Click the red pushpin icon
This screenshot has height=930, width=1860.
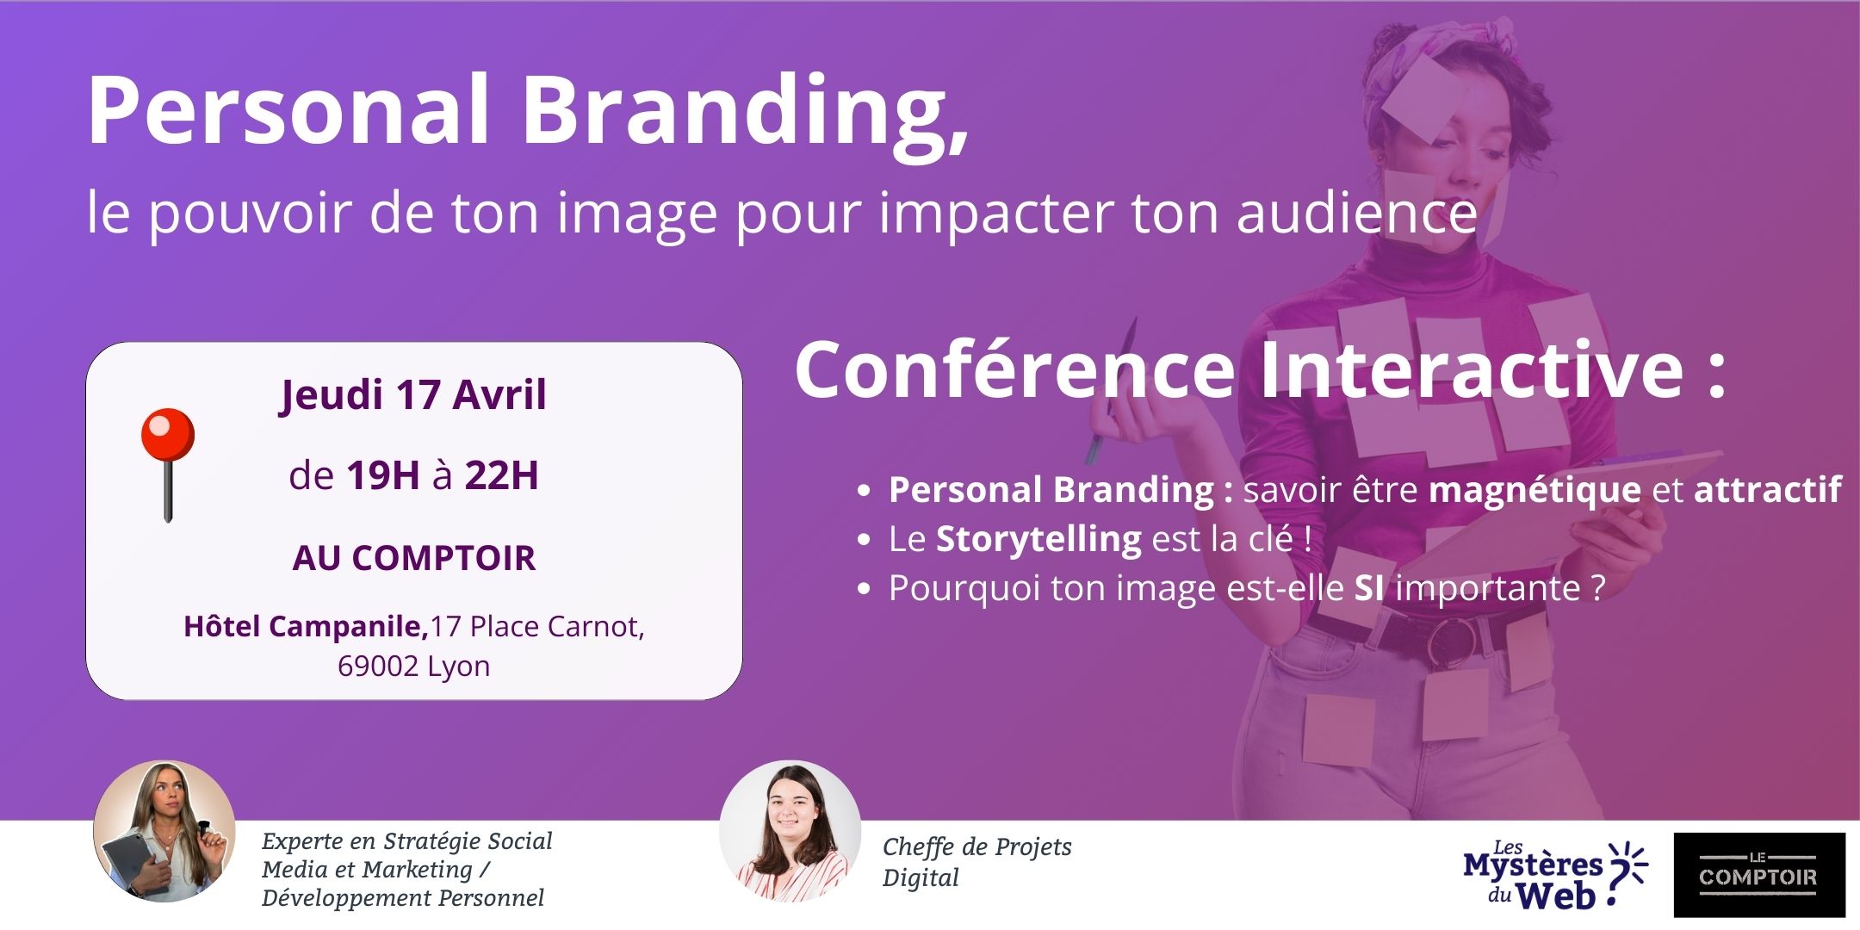coord(168,464)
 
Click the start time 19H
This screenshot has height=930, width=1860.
coord(383,475)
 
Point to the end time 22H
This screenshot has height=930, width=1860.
coord(502,475)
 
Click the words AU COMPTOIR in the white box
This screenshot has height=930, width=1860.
coord(414,558)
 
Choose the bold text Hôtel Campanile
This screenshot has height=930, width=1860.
coord(306,626)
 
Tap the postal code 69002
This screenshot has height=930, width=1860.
coord(377,666)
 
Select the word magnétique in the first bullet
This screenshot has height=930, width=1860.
coord(1535,491)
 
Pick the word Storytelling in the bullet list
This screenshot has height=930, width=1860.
coord(1039,540)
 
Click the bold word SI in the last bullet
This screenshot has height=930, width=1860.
coord(1370,588)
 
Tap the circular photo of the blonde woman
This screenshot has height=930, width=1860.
coord(164,831)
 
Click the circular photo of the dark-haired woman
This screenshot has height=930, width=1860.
coord(790,831)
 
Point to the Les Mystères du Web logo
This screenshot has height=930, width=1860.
coord(1555,874)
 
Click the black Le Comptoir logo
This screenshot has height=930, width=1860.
coord(1759,875)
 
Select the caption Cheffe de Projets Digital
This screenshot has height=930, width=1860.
coord(977,862)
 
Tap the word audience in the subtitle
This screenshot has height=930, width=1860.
coord(1357,212)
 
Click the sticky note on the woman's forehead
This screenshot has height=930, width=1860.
coord(1428,96)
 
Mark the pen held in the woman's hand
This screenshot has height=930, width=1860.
coord(1112,392)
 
